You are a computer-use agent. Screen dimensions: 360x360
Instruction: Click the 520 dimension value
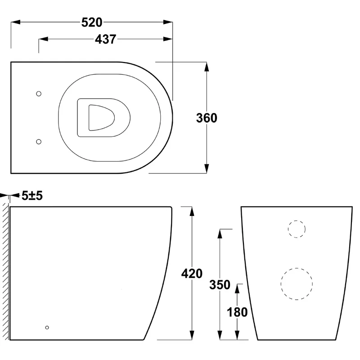(x=92, y=22)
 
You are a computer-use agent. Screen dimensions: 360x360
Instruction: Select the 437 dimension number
(x=106, y=40)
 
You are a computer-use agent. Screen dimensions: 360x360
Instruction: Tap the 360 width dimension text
(x=207, y=118)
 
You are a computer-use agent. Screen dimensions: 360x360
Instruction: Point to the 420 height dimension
(x=192, y=273)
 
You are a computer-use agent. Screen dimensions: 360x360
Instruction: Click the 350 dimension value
(x=220, y=285)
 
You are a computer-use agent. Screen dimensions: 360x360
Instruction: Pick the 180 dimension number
(x=238, y=312)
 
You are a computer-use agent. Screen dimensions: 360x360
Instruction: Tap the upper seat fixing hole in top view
(x=39, y=94)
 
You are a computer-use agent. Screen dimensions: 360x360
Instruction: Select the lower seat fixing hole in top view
(x=39, y=142)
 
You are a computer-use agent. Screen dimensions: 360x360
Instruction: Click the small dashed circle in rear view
(x=297, y=229)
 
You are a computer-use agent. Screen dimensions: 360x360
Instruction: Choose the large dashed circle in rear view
(x=297, y=285)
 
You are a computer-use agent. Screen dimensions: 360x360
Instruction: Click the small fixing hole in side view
(x=47, y=327)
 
